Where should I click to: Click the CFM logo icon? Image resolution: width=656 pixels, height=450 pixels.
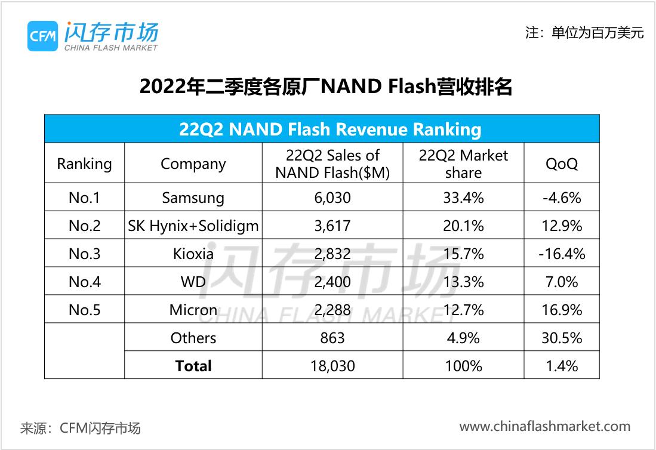[x=42, y=36]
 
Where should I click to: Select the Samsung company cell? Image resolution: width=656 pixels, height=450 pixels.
[x=193, y=198]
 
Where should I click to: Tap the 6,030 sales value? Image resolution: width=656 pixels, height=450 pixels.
[x=332, y=198]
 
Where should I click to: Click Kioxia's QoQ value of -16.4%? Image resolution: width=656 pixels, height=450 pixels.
[x=561, y=254]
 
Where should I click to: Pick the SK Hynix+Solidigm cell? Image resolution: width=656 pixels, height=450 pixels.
[x=193, y=226]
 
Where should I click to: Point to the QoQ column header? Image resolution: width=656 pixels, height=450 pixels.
[x=561, y=164]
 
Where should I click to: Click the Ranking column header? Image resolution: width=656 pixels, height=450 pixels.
[x=84, y=164]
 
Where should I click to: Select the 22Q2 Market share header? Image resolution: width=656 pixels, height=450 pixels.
[x=463, y=164]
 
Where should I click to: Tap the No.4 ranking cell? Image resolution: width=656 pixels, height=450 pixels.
[x=84, y=282]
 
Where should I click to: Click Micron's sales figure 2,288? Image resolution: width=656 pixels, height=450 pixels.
[x=332, y=310]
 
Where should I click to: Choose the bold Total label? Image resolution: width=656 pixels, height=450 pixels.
[x=193, y=365]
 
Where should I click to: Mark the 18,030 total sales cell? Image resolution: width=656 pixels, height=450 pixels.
[x=332, y=365]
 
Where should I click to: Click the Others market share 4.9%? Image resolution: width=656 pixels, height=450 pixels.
[x=463, y=338]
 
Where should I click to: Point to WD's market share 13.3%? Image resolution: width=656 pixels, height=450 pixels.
[x=463, y=282]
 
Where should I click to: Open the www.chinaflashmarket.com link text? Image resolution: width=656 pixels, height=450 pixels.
[x=544, y=426]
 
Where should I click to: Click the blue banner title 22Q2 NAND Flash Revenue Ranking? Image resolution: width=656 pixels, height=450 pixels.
[x=322, y=129]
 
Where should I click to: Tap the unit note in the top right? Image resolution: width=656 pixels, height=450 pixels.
[x=584, y=33]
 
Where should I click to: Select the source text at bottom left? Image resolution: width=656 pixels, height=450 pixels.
[x=81, y=428]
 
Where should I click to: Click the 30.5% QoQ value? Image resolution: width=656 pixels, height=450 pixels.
[x=561, y=338]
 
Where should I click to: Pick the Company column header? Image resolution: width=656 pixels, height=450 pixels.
[x=193, y=164]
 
